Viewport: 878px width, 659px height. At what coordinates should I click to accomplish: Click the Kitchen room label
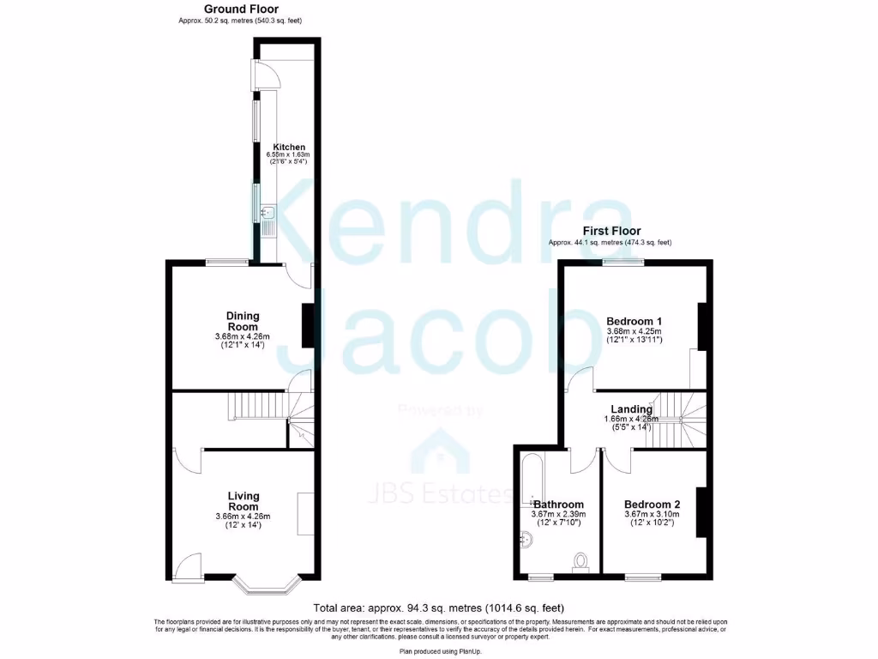[289, 147]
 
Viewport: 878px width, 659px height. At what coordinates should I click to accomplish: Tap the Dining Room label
[243, 321]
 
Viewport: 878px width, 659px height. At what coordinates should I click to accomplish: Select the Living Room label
[243, 501]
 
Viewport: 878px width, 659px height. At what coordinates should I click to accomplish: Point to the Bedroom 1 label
[634, 321]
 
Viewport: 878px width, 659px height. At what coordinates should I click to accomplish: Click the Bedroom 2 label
[652, 504]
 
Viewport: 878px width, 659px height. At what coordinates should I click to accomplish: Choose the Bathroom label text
[558, 505]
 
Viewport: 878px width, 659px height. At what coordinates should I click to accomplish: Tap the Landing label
[631, 409]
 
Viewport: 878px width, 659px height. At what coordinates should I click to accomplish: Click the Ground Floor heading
[241, 9]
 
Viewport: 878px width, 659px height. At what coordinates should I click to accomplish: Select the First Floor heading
[611, 231]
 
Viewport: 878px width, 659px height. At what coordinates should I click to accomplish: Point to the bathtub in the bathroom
[527, 476]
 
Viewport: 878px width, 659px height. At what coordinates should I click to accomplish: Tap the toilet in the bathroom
[580, 562]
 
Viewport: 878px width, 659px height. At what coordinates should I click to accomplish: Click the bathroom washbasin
[526, 541]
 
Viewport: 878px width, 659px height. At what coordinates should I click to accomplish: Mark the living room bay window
[266, 587]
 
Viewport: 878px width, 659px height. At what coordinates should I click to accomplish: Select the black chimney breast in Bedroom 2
[701, 511]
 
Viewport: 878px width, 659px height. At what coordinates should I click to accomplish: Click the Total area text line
[438, 608]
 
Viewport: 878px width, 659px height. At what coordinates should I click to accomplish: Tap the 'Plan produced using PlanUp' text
[438, 652]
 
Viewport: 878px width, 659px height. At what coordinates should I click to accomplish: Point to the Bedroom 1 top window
[623, 263]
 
